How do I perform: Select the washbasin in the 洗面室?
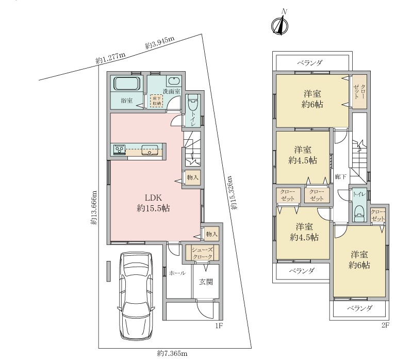[173, 81]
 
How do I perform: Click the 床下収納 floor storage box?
[157, 101]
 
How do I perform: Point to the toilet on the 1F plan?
[193, 100]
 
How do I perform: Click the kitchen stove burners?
[120, 150]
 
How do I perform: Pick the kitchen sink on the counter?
[150, 150]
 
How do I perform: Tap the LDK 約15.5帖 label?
[153, 203]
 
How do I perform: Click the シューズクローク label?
[202, 253]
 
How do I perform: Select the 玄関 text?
[206, 282]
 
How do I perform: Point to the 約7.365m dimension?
[172, 353]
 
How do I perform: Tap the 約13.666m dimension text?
[94, 207]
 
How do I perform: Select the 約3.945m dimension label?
[160, 43]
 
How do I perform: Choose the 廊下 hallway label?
[340, 177]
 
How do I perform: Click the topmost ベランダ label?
[310, 63]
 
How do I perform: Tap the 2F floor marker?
[385, 325]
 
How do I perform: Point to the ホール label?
[177, 273]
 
